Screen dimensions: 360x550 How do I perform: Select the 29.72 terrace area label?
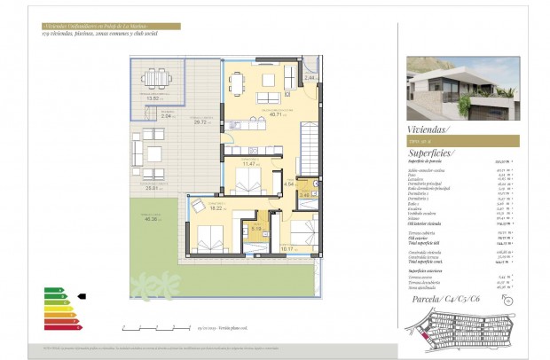(201, 122)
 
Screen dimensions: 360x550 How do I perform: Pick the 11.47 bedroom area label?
(251, 164)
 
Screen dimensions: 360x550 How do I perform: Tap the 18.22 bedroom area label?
(215, 207)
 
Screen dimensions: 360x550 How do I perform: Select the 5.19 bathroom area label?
(255, 228)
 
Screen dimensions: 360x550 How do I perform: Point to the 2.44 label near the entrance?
(310, 78)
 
